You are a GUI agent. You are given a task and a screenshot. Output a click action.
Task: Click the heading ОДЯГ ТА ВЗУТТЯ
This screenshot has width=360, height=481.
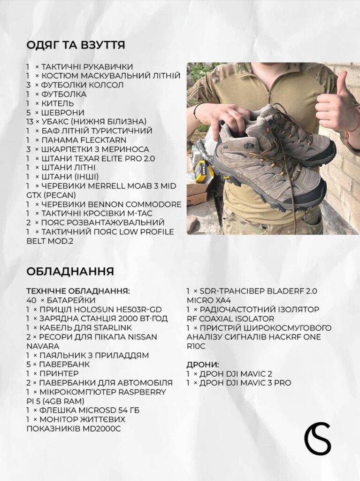pyautogui.click(x=76, y=45)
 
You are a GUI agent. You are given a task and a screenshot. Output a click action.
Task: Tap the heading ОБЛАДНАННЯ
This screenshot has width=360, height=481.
pyautogui.click(x=70, y=272)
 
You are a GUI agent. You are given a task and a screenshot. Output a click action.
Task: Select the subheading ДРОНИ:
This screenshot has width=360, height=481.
pyautogui.click(x=203, y=365)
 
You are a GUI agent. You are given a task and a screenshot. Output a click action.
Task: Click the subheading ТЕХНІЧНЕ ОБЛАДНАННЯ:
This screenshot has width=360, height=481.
pyautogui.click(x=78, y=291)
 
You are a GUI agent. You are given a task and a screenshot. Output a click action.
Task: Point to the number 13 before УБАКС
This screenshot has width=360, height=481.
pyautogui.click(x=30, y=122)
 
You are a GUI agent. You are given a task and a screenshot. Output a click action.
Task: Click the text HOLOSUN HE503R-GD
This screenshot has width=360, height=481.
pyautogui.click(x=114, y=309)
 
